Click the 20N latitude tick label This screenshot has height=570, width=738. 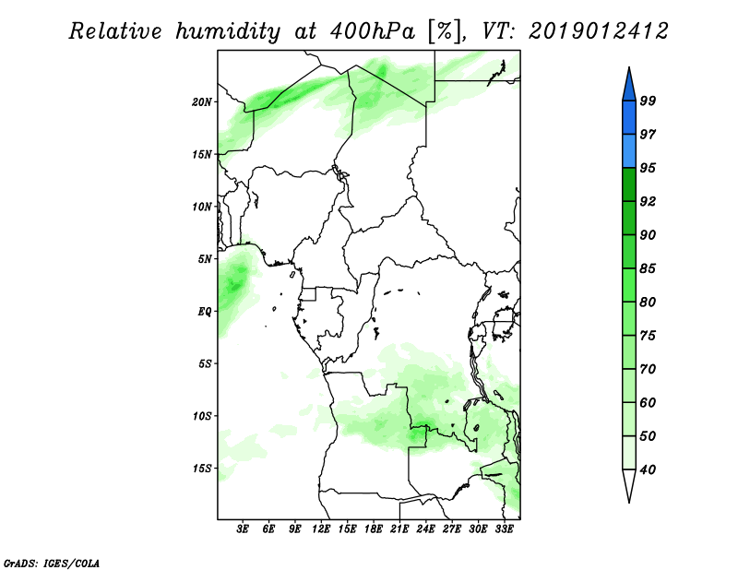pos(202,102)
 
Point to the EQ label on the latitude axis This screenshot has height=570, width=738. pos(204,312)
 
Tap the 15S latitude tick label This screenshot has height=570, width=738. pos(202,469)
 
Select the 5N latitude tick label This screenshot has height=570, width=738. pos(205,259)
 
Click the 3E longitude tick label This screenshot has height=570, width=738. pos(243,529)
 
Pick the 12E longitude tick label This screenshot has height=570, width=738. pos(321,529)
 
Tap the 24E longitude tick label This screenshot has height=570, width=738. pos(425,529)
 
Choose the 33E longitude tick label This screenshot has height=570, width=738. pos(504,529)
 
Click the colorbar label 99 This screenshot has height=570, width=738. pos(648,101)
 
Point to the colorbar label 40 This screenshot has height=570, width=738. pos(648,469)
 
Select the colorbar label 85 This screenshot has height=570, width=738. pos(648,268)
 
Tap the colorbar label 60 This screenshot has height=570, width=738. pos(648,402)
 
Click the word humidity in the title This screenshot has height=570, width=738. pos(228,32)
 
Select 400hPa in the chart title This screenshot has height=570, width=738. pos(373,32)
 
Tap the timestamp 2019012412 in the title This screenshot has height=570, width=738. pos(598,31)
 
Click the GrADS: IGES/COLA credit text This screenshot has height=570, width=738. pos(52,563)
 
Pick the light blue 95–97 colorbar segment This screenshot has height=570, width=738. pos(629,151)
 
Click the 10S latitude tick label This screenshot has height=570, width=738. pos(202,416)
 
